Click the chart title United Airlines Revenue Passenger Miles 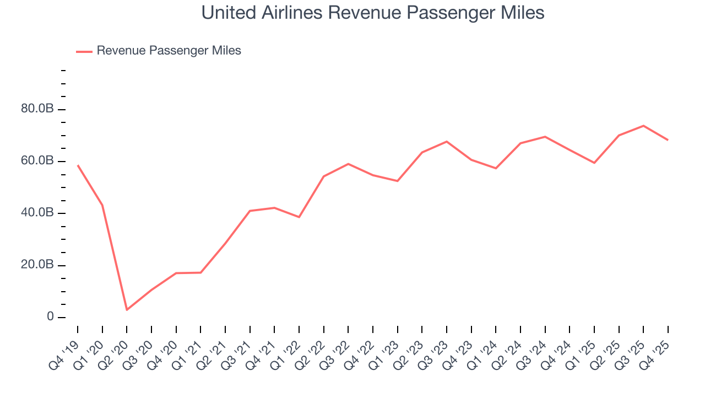click(x=373, y=12)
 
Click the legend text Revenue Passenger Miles click(x=169, y=51)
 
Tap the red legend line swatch click(x=84, y=51)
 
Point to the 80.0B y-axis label click(x=37, y=109)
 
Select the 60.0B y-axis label click(x=37, y=161)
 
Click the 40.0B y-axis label click(x=37, y=213)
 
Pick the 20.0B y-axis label click(x=37, y=265)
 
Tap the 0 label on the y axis click(x=51, y=317)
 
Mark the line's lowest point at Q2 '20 click(x=127, y=310)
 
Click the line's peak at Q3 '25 click(x=643, y=126)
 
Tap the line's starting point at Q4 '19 click(x=78, y=165)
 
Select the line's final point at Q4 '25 click(x=668, y=140)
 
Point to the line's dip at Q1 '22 click(x=299, y=217)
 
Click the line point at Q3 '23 click(x=447, y=142)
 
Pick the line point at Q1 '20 click(x=102, y=205)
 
